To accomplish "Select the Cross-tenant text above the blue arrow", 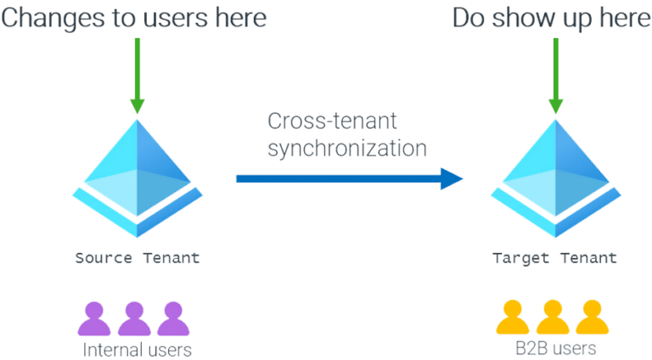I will pos(323,121).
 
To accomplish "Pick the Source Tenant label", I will pos(137,256).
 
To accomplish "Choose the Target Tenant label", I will pos(554,256).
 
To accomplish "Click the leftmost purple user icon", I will pos(94,318).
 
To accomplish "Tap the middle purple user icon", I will pos(134,318).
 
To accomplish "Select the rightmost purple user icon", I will pos(172,318).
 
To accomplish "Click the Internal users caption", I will pos(136,348).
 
